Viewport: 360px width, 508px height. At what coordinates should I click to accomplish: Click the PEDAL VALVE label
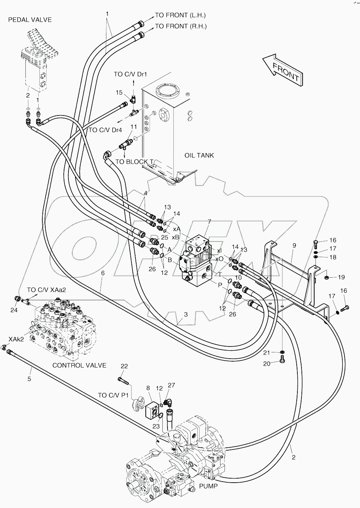[x=30, y=20]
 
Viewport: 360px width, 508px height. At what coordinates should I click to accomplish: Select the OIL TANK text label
[x=199, y=155]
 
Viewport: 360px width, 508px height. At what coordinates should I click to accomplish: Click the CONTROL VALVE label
[x=79, y=365]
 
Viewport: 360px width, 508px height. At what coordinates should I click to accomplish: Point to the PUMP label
[x=208, y=486]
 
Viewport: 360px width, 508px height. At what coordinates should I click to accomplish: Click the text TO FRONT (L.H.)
[x=180, y=15]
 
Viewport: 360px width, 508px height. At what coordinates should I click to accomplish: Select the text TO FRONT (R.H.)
[x=180, y=26]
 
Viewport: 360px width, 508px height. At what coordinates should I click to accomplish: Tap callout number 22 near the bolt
[x=124, y=366]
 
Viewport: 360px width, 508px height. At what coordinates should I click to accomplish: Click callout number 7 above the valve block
[x=209, y=222]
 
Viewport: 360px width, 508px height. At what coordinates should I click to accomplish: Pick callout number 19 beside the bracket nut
[x=341, y=277]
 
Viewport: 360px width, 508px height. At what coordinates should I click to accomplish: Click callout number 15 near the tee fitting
[x=119, y=93]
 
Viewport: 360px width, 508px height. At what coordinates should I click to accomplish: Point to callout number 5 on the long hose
[x=29, y=379]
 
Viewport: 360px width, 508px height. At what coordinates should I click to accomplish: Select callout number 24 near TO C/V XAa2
[x=14, y=310]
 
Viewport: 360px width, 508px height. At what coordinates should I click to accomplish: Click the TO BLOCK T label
[x=134, y=161]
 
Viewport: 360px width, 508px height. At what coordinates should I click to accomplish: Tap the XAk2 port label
[x=16, y=339]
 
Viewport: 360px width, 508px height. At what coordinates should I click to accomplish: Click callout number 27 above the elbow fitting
[x=172, y=385]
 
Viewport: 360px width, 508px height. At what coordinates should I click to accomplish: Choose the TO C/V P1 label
[x=113, y=395]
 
